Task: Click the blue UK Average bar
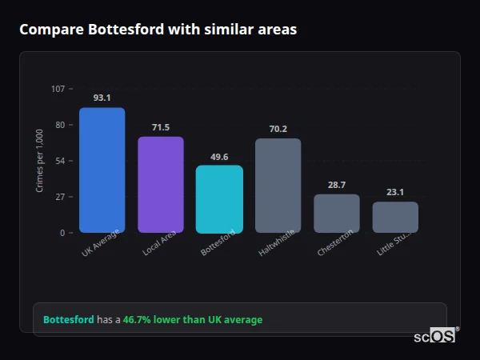(x=102, y=170)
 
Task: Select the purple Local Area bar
(x=161, y=185)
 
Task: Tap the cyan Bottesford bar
(x=219, y=199)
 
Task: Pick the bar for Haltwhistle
(x=278, y=186)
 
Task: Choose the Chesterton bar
(x=337, y=214)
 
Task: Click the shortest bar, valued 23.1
(x=395, y=217)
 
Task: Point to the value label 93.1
(x=102, y=98)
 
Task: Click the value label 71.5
(x=161, y=127)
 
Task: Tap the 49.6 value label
(x=219, y=157)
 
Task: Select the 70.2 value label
(x=278, y=129)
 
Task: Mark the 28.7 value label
(x=337, y=185)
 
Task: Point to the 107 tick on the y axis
(x=58, y=89)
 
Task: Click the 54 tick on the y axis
(x=60, y=161)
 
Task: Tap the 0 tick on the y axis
(x=62, y=233)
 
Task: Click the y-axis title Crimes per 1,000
(x=40, y=161)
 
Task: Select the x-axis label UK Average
(x=101, y=245)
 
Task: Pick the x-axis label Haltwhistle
(x=277, y=243)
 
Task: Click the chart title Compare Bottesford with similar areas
(x=158, y=30)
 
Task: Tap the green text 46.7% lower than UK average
(x=192, y=320)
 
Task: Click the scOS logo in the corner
(x=434, y=336)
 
